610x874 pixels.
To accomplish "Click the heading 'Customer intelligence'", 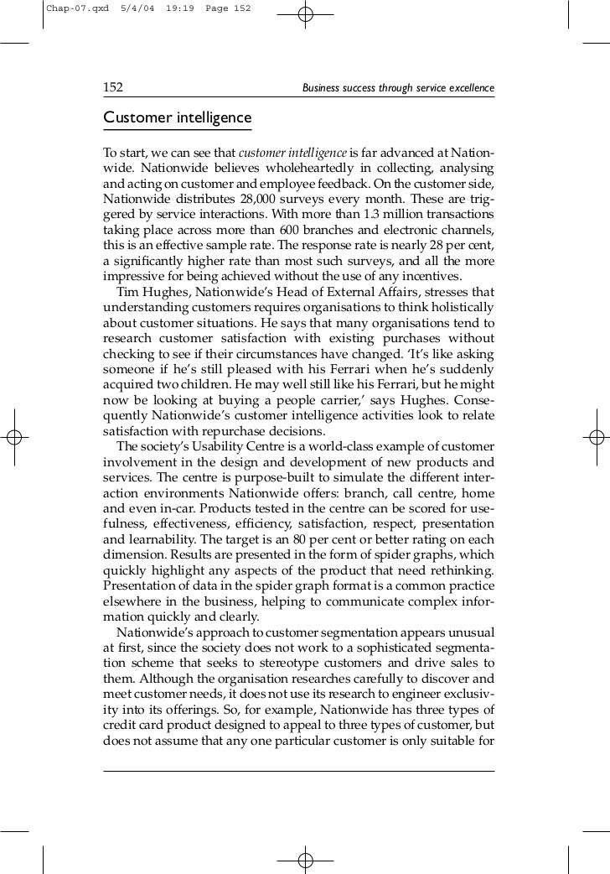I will coord(176,117).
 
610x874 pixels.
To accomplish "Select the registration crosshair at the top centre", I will coord(305,15).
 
